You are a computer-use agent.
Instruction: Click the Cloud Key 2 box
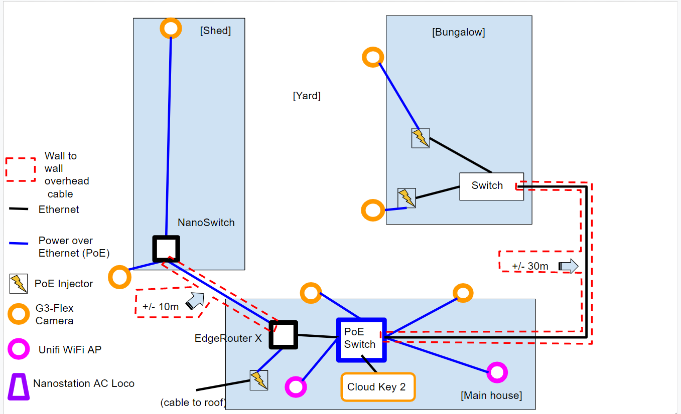(x=378, y=387)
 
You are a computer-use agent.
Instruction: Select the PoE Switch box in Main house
(x=361, y=339)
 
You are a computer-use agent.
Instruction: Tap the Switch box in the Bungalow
(x=491, y=186)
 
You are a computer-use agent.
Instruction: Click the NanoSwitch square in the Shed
(x=166, y=249)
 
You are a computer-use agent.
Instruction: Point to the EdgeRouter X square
(x=284, y=334)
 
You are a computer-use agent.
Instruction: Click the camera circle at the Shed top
(x=171, y=28)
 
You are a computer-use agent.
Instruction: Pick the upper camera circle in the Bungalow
(x=373, y=58)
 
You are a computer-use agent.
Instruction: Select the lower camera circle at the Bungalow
(x=373, y=210)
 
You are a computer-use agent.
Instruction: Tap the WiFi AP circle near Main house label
(x=497, y=372)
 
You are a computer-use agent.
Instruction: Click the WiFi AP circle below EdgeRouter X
(x=295, y=387)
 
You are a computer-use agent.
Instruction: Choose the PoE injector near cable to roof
(x=259, y=380)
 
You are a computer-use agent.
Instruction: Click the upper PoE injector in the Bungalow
(x=421, y=137)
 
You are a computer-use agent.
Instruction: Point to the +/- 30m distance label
(x=530, y=266)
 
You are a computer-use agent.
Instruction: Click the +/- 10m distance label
(x=161, y=307)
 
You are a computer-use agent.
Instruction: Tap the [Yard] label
(x=307, y=96)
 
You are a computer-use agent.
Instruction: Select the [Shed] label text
(x=215, y=31)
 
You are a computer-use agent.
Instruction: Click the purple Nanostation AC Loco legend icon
(x=19, y=387)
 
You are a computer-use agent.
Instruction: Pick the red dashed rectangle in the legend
(x=21, y=169)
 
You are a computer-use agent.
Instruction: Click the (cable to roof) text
(x=193, y=402)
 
